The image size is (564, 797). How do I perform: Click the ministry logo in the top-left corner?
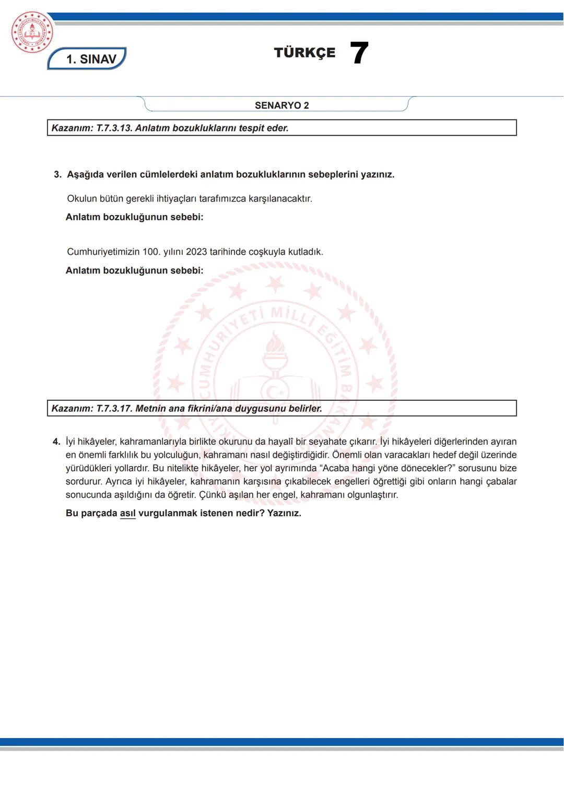coord(32,32)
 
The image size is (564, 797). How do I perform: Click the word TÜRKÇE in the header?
coord(304,53)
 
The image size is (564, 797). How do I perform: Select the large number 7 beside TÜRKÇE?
coord(359,53)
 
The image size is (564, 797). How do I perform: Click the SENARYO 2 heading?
coord(281,105)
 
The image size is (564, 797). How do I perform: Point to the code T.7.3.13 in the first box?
coord(114,128)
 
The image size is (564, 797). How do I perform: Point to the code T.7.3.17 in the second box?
coord(114,408)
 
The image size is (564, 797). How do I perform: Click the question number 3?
coord(57,174)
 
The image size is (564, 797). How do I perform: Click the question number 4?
coord(56,442)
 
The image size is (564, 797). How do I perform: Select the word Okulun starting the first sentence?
coord(82,199)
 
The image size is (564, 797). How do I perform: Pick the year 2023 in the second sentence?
coord(196,252)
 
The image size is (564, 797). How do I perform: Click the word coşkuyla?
coord(267,252)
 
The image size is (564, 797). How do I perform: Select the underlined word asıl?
coord(127,513)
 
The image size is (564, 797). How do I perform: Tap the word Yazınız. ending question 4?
coord(284,513)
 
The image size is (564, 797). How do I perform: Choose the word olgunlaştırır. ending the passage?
coord(372,495)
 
